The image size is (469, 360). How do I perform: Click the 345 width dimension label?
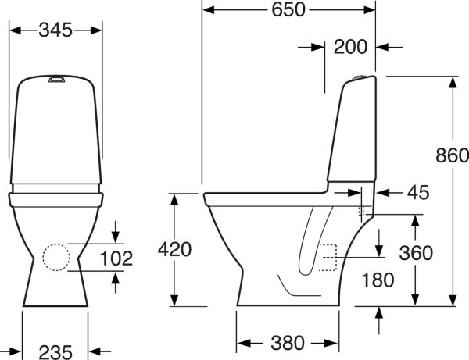(55, 30)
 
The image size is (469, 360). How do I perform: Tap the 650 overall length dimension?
(288, 10)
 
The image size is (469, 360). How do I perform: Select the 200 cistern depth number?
(350, 47)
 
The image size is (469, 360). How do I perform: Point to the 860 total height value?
(452, 155)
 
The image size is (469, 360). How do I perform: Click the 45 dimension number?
(418, 193)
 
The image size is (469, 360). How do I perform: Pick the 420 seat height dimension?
(174, 249)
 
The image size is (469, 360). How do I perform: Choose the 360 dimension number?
(416, 253)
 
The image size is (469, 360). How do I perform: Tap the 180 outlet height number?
(378, 280)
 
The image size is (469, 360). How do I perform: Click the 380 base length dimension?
(288, 343)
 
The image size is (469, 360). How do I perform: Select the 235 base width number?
(55, 352)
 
